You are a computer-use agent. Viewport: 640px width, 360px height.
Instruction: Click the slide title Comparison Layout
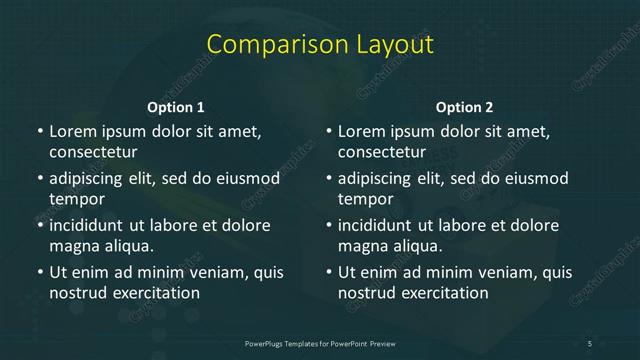point(320,45)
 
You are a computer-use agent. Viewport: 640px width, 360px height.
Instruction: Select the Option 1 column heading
point(176,107)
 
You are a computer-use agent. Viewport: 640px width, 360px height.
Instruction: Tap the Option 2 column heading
point(465,107)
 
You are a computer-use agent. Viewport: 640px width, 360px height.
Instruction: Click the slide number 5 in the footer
point(590,344)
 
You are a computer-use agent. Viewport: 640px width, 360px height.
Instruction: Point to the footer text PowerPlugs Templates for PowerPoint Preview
point(320,344)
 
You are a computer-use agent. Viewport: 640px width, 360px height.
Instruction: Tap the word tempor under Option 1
point(77,199)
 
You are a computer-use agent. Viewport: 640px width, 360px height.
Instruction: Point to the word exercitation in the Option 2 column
point(443,293)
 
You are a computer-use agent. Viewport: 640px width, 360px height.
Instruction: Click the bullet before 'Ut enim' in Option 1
point(39,272)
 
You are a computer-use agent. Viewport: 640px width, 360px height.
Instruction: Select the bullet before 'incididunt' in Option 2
point(328,225)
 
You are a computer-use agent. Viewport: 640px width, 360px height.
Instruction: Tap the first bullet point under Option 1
point(39,131)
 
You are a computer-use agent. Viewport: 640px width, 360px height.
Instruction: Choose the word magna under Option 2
point(363,246)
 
